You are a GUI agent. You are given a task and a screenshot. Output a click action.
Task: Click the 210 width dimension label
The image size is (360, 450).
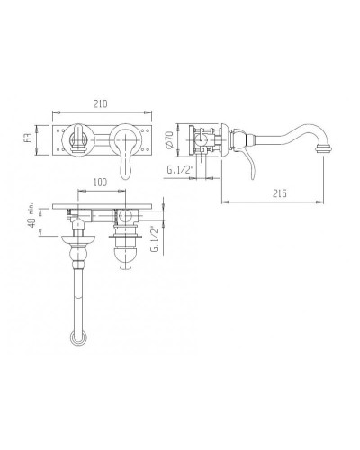100,103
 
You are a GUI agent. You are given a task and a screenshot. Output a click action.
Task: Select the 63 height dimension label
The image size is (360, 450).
28,139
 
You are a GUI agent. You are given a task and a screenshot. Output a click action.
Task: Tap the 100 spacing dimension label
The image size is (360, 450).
100,182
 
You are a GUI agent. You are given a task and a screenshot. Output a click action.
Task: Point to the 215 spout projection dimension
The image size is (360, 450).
280,193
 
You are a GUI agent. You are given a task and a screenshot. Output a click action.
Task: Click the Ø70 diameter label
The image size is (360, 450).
169,139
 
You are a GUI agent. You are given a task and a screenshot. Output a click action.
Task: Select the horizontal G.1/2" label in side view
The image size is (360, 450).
179,170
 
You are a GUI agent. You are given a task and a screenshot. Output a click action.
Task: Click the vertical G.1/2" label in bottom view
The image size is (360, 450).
155,239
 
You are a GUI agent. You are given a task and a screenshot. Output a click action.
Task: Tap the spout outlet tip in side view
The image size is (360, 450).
324,148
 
